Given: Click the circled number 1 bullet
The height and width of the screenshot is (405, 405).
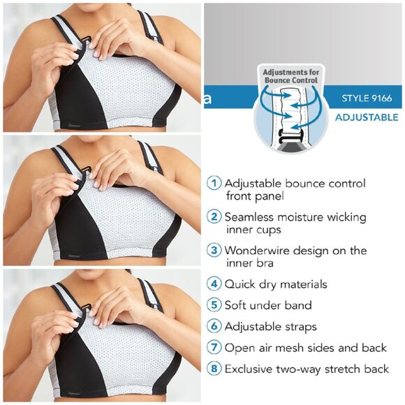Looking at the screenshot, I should point(214,183).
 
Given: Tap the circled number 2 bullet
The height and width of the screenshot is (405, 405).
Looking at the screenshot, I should point(214,217).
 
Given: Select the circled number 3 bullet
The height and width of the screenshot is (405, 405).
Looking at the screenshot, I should point(214,251).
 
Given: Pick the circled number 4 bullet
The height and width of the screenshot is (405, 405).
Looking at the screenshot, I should point(214,284).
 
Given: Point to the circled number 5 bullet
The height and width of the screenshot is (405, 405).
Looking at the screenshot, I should point(214,305).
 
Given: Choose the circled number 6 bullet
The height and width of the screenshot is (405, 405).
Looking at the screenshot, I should point(214,326).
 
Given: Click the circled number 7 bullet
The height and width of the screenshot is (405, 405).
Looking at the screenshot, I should point(214,348).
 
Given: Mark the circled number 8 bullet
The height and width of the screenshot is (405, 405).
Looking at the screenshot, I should point(214,369).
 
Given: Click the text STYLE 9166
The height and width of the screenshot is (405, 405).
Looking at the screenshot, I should point(367,98).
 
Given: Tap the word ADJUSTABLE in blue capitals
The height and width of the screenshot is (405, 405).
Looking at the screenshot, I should point(367,117).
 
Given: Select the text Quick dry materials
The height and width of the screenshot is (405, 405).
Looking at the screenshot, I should point(276,284).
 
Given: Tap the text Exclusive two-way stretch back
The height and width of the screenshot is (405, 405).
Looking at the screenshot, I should point(307,369).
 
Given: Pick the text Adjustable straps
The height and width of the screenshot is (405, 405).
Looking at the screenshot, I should point(271,326).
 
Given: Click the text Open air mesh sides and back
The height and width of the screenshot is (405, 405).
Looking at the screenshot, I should point(306,348).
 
